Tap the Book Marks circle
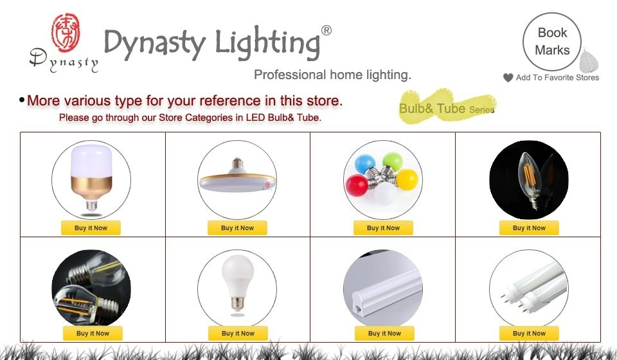(551, 41)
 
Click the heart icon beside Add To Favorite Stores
(508, 78)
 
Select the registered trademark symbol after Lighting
(326, 30)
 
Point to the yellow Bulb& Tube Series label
(447, 108)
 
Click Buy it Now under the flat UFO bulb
(237, 228)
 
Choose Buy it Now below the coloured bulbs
(383, 228)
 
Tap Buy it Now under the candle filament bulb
(529, 228)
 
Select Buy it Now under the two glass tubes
(529, 333)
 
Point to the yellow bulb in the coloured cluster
(407, 178)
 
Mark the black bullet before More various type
(22, 100)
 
